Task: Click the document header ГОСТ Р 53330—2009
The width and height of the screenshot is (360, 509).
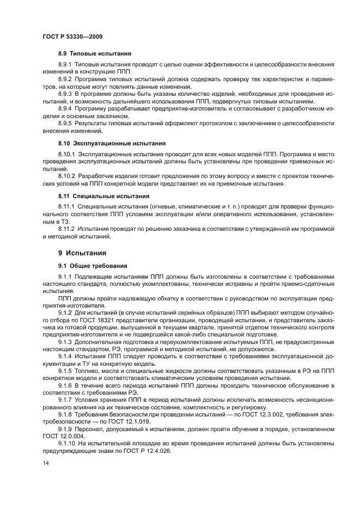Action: [72, 36]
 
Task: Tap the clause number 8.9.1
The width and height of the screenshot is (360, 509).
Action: [66, 65]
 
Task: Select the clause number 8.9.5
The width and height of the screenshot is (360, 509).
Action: [66, 122]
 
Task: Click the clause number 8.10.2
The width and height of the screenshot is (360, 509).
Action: [68, 177]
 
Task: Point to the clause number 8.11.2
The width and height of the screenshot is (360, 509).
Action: [68, 229]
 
